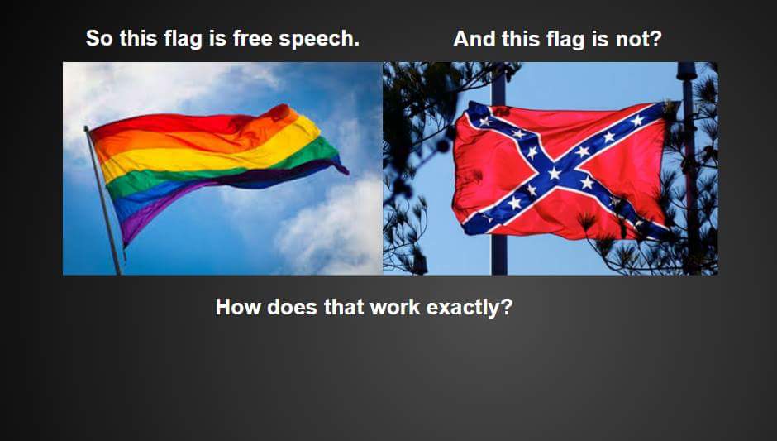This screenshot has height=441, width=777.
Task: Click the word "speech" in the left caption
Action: (x=319, y=39)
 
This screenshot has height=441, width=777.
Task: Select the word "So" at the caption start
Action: (x=99, y=39)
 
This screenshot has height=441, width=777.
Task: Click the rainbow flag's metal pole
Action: (x=103, y=201)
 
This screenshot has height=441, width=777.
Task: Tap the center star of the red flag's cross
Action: (x=554, y=173)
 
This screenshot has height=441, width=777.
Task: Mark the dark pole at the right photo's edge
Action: (x=689, y=169)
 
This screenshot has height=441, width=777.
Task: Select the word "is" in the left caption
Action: (x=217, y=38)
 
